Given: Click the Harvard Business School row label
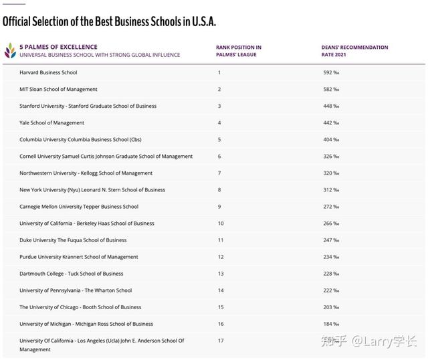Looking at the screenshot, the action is tap(48, 72).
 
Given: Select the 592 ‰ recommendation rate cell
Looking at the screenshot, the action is tap(331, 72).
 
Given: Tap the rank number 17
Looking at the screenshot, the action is tap(221, 341).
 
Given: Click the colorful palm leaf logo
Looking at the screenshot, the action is tap(11, 51).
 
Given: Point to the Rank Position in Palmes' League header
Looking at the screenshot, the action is tap(239, 51).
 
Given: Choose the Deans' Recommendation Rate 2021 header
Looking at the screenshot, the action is tap(354, 51).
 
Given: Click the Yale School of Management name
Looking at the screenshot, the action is tap(52, 123).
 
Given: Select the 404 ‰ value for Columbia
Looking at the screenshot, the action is tap(331, 140).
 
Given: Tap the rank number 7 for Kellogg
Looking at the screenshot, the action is tap(219, 173).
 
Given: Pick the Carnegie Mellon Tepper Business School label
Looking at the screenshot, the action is tap(79, 207).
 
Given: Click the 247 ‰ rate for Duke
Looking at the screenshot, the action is tap(331, 240).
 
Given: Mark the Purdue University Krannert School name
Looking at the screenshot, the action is tap(79, 257).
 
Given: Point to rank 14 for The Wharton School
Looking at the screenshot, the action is tap(221, 290).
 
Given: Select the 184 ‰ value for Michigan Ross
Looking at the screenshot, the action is tap(331, 324).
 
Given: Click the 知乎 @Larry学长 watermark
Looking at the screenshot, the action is tap(368, 341).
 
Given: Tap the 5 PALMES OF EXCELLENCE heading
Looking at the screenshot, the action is tap(58, 47).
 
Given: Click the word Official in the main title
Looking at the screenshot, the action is tap(16, 21).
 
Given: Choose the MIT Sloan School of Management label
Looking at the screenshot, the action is tap(58, 89).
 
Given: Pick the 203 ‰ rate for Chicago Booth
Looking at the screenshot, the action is tap(331, 307).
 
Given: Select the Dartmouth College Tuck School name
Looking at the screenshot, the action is tap(72, 274).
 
